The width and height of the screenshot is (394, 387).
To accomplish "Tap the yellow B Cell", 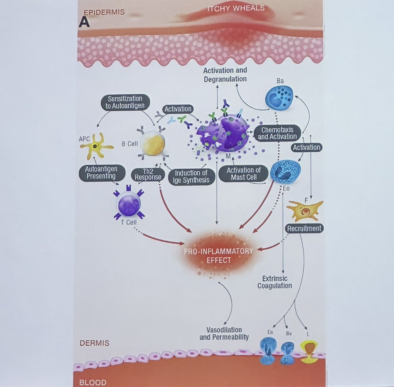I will point(152,144).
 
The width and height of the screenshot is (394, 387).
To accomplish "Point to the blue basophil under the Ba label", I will point(279,97).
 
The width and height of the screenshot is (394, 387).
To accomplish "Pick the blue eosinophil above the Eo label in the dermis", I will point(285,170).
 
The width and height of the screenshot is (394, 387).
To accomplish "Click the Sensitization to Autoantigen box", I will point(125,102).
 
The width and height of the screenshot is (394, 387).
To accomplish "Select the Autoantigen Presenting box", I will point(101,173).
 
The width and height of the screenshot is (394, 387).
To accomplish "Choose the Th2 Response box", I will point(148,174).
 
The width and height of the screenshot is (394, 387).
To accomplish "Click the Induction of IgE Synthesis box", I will point(191,176).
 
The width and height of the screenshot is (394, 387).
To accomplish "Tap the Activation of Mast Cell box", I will point(244,174).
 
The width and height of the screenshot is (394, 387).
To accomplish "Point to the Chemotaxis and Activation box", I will point(277,133).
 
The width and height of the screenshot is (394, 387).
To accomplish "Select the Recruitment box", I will point(304,228).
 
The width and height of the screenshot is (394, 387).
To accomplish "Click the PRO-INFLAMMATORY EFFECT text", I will point(218,255).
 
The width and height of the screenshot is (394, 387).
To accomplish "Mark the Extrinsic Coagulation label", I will point(274,282).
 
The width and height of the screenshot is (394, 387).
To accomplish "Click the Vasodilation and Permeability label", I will point(224,333).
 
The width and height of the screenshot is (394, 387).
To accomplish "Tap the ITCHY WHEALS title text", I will point(236,8).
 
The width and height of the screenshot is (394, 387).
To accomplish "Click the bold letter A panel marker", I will point(84,22).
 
